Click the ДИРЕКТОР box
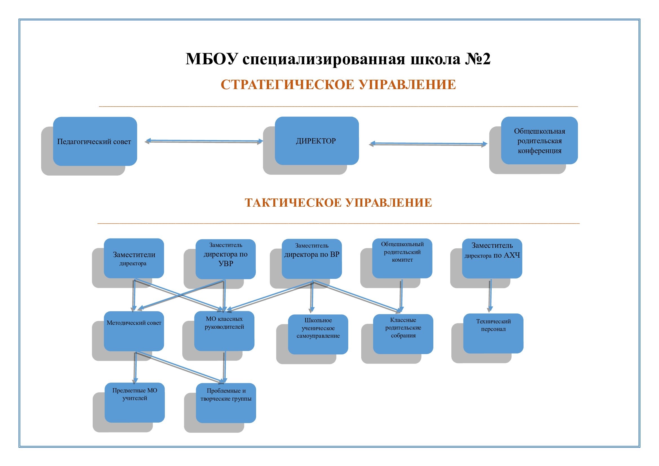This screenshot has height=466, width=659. coord(317,141)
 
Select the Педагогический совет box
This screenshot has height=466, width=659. coord(95,141)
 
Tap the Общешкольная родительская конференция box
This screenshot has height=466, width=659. coord(539,140)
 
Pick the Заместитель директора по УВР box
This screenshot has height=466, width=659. coord(226,259)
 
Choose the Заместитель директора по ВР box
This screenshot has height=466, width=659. coord(312,259)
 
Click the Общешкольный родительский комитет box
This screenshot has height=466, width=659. coord(402,258)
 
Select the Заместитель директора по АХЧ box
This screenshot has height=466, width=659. coord(492,259)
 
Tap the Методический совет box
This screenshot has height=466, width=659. coord(134,331)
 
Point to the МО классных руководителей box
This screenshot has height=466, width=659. coord(224,331)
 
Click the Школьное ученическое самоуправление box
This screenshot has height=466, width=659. coord(318,334)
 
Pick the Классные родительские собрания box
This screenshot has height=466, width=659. coord(403,334)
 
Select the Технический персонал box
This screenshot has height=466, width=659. coord(493,333)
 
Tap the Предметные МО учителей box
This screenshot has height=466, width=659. coord(135,403)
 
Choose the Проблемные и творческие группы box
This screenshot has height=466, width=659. coord(226,403)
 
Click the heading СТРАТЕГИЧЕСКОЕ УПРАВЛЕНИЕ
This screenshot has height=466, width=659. coord(338,85)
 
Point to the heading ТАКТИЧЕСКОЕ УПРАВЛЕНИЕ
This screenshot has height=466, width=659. coord(338,202)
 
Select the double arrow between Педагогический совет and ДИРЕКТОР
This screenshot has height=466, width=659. coord(204,141)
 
